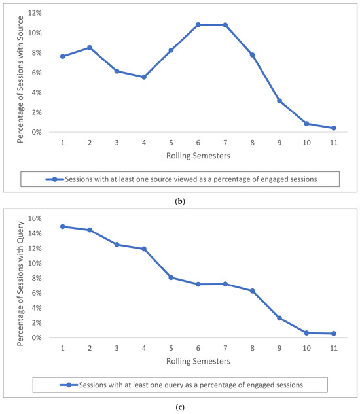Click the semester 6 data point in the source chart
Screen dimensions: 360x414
click(x=198, y=25)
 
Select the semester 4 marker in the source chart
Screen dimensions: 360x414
click(x=144, y=77)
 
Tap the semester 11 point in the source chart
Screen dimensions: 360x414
click(x=334, y=128)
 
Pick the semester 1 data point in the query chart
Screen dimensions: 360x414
click(x=63, y=226)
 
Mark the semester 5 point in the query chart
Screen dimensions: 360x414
click(x=171, y=277)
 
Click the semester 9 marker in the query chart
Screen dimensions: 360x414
click(x=279, y=318)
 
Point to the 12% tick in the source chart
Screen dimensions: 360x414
click(x=35, y=13)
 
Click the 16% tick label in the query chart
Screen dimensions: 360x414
click(x=35, y=218)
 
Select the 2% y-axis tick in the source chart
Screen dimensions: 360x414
click(x=37, y=112)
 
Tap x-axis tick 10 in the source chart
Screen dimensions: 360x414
click(x=306, y=143)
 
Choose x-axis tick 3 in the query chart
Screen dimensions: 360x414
click(x=117, y=348)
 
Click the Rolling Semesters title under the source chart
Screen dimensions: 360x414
click(x=198, y=156)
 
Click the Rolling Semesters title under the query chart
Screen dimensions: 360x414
click(x=198, y=361)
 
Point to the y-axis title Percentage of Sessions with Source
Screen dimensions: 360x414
click(x=20, y=79)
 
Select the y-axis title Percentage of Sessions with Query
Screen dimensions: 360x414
click(x=20, y=284)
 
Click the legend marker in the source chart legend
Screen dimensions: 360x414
click(x=55, y=179)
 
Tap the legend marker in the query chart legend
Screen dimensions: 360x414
click(x=69, y=385)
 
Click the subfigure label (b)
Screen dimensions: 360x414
click(x=180, y=201)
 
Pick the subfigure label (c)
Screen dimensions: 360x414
click(x=180, y=407)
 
